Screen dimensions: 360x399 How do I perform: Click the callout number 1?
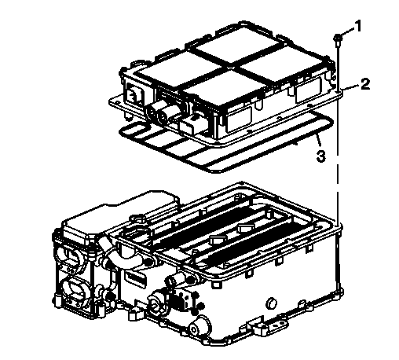click(358, 28)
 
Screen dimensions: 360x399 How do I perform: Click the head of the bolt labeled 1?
click(335, 39)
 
